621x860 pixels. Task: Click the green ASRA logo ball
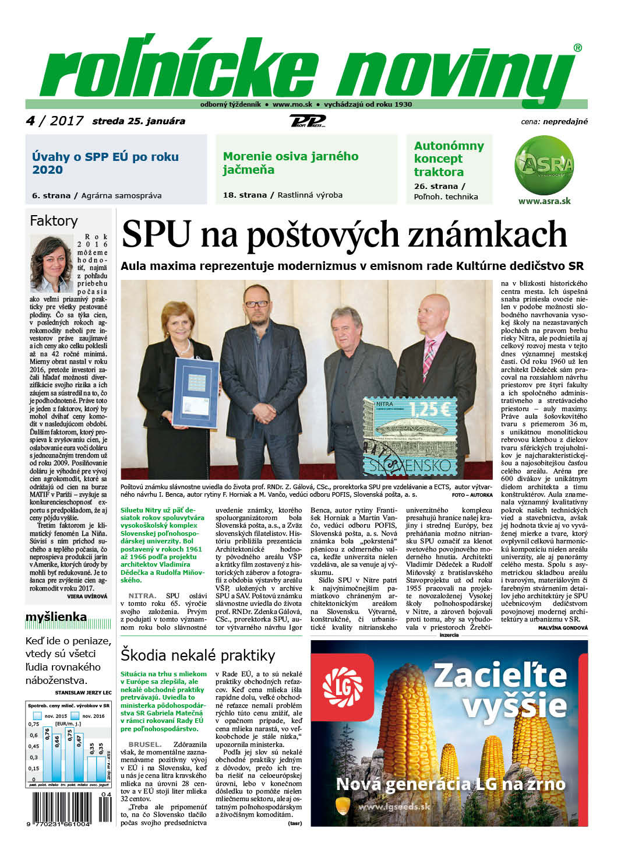click(544, 164)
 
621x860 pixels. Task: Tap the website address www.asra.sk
click(544, 201)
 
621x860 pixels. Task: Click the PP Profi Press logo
click(307, 121)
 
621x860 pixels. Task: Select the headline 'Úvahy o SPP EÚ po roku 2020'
click(105, 163)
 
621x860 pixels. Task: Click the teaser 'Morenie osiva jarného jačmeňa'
click(290, 163)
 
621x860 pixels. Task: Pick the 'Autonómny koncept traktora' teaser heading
click(449, 159)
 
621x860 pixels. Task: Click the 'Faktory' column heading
click(54, 221)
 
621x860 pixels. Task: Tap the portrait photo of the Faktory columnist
click(51, 264)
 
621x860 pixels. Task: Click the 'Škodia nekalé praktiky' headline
click(197, 655)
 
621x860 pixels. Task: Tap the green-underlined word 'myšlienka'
click(56, 617)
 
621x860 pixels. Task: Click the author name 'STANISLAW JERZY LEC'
click(82, 693)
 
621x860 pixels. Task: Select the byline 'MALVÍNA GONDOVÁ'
click(563, 627)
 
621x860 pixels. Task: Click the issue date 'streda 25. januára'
click(139, 121)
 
